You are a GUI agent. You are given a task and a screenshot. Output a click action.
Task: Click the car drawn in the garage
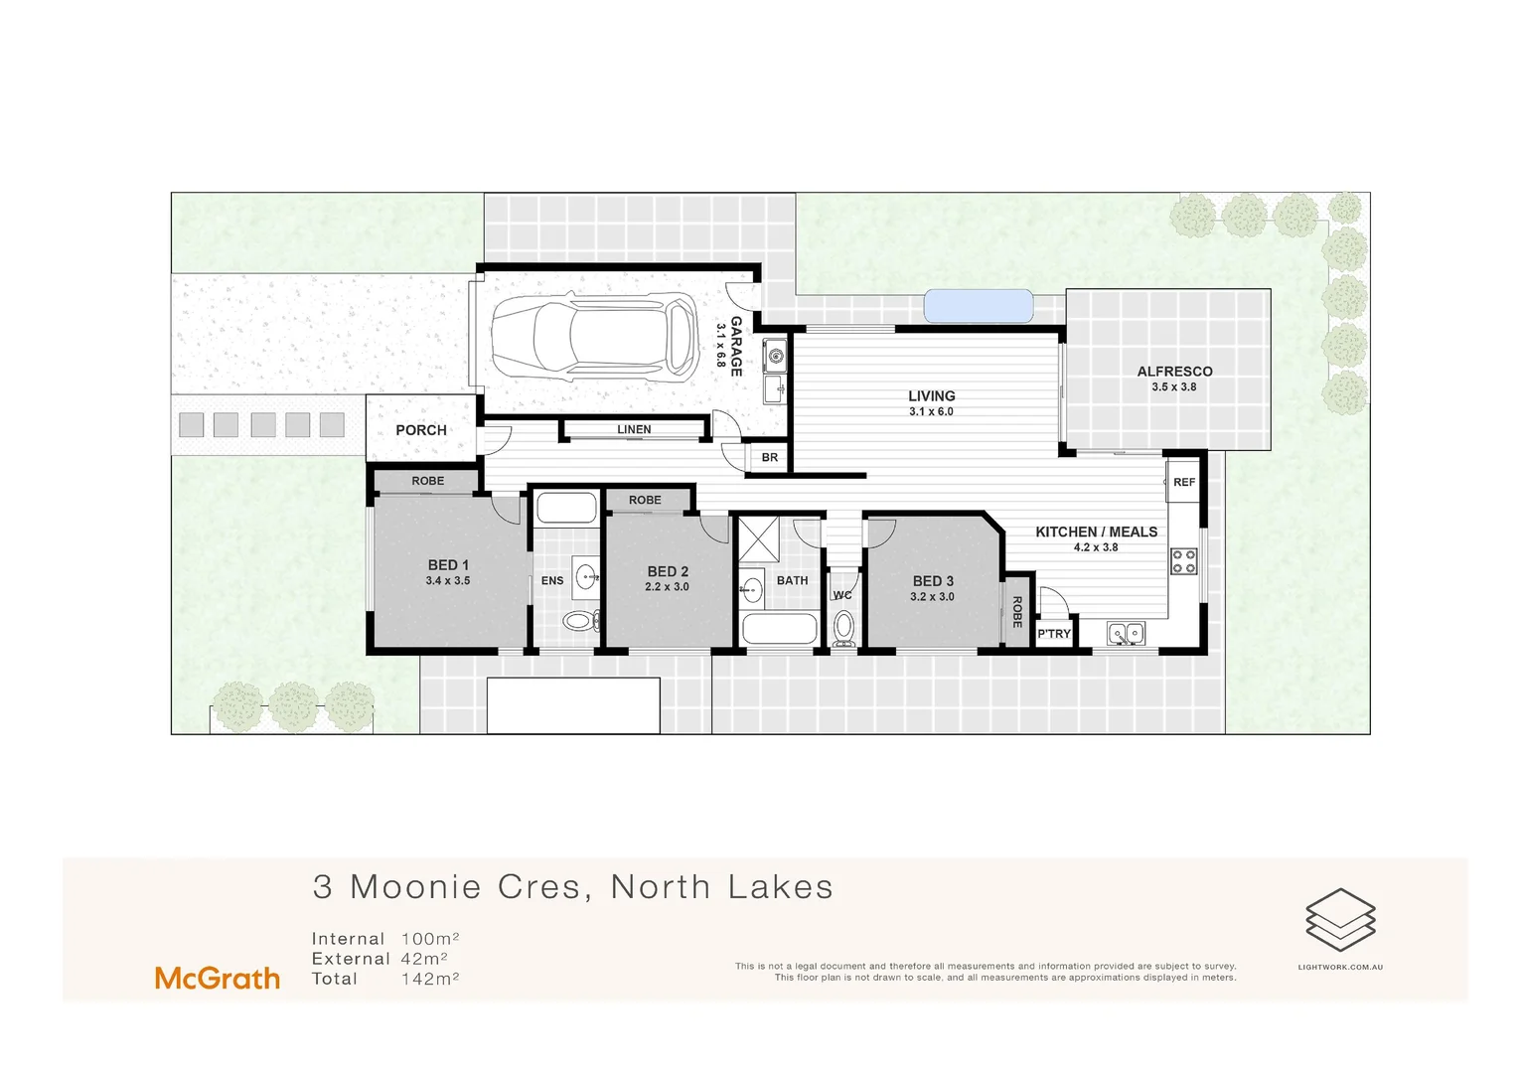594,337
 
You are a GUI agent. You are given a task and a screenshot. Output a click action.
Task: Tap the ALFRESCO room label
1174,372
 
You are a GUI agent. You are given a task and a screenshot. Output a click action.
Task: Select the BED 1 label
448,565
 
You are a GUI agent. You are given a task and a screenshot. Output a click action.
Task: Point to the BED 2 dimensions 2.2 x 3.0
667,587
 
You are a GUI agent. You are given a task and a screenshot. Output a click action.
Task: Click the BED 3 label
933,581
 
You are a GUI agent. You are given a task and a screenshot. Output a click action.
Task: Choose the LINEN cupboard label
634,430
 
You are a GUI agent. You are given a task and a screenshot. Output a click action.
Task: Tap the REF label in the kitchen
1184,483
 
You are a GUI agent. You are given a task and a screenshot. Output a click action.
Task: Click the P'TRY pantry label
1054,634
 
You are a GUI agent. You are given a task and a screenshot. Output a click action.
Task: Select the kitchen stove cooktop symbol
1183,561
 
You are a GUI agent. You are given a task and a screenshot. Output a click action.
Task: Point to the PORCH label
421,430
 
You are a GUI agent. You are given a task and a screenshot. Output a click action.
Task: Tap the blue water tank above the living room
979,306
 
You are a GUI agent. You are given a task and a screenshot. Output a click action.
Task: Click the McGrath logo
218,979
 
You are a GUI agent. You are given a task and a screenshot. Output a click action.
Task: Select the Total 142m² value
430,979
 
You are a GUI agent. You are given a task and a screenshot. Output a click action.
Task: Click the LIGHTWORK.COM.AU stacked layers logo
1340,919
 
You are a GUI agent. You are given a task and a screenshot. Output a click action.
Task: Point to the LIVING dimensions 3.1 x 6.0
931,411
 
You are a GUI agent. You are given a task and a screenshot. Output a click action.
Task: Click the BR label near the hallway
770,458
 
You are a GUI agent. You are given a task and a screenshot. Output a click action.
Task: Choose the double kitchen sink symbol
1126,633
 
